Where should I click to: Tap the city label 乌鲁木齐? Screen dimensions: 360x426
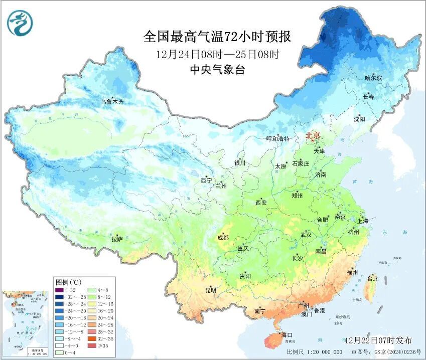[111, 102]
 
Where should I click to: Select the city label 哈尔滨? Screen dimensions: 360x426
[373, 78]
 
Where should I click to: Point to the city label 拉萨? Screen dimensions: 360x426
[117, 240]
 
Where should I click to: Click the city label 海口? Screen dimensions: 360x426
[287, 334]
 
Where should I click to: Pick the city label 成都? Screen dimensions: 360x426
[223, 238]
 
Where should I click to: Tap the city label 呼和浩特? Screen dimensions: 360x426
[277, 139]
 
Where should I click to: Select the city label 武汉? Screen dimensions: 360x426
[306, 235]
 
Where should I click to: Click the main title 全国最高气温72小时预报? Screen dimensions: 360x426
[217, 37]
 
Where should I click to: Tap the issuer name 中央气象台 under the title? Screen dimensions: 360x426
[217, 70]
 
